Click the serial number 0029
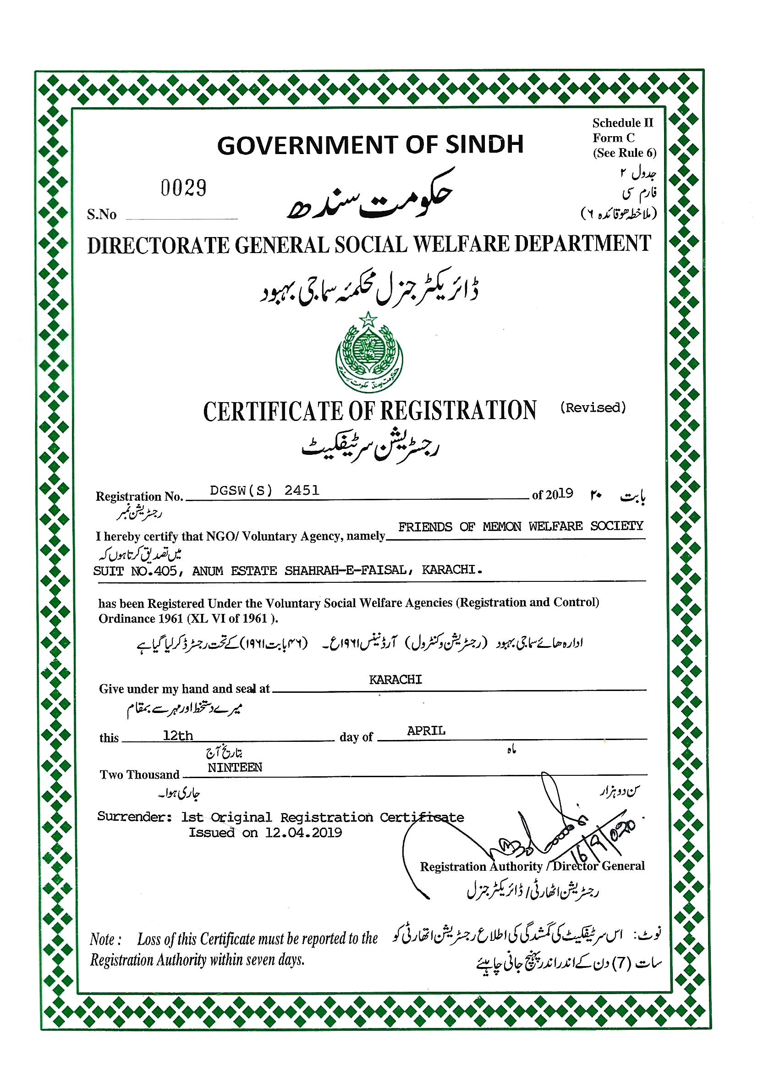[183, 188]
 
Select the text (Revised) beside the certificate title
[593, 408]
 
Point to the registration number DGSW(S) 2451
[264, 490]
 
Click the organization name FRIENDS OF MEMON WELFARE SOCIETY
[521, 527]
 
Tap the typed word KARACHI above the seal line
[395, 680]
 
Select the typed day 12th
[178, 736]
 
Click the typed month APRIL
[426, 731]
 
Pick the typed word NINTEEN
[235, 768]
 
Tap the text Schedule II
[623, 123]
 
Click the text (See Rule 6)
[625, 153]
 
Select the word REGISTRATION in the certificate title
[458, 411]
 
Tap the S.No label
[101, 214]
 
